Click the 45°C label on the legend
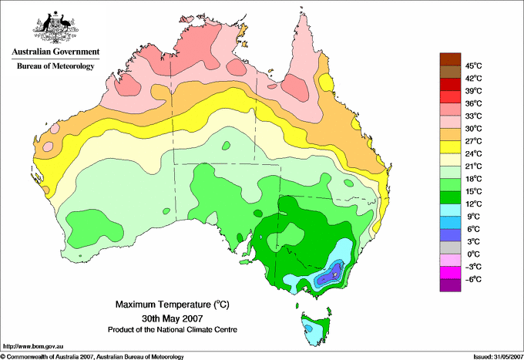coord(474,66)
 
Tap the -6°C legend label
coord(473,279)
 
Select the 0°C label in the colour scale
coord(474,254)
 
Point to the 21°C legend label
coord(474,167)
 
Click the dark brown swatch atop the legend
coord(450,59)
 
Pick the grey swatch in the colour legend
coord(450,247)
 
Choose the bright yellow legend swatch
coord(450,147)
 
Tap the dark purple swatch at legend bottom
coord(450,285)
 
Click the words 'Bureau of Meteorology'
coord(55,66)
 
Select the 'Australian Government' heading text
coord(55,52)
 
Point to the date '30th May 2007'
coord(173,318)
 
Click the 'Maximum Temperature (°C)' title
coord(173,304)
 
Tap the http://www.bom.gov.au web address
coord(32,347)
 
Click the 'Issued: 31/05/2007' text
coord(499,357)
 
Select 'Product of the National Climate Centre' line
coord(173,330)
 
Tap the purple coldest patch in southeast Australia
coord(330,274)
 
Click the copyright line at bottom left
coord(92,357)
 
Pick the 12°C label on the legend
coord(474,204)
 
